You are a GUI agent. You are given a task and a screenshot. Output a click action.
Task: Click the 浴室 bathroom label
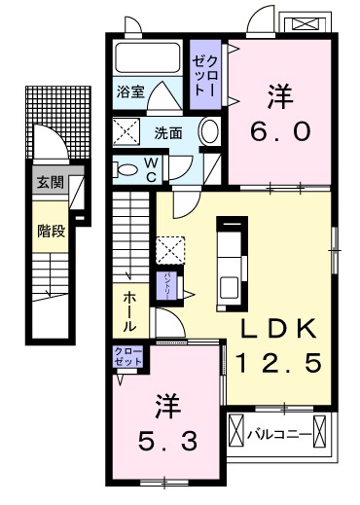pos(131,92)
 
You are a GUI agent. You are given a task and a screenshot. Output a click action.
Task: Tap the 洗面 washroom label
pos(166,132)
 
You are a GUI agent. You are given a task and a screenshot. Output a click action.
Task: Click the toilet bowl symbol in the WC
pos(126,169)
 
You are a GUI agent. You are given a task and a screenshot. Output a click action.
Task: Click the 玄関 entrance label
pos(48,183)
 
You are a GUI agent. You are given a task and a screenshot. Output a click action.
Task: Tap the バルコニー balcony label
pos(277,431)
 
